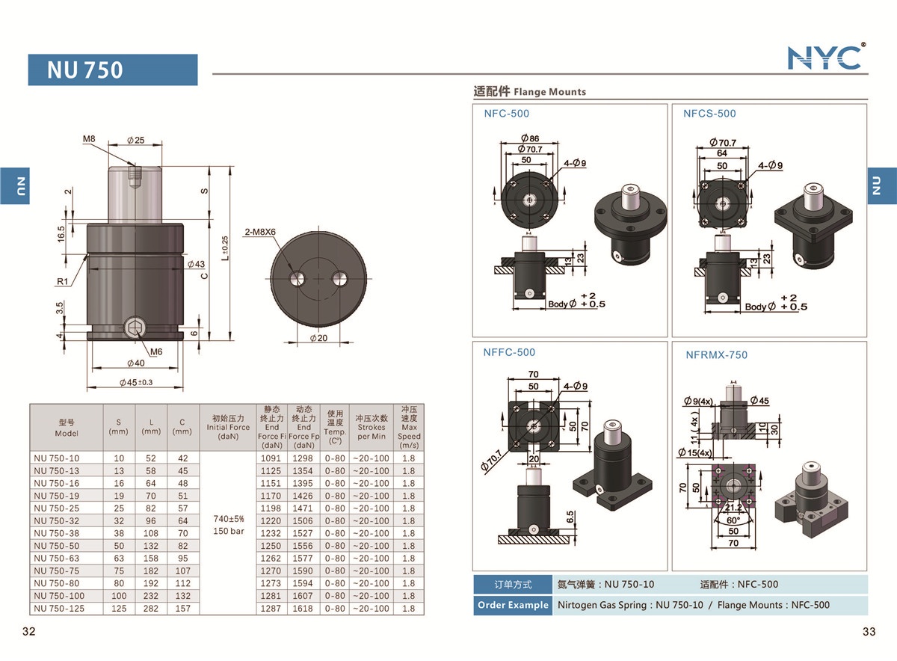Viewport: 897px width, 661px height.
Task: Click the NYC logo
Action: [826, 57]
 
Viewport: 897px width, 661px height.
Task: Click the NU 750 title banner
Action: [113, 70]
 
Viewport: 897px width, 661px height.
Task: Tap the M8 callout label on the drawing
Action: [90, 139]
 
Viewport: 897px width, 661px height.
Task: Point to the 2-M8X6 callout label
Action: [260, 231]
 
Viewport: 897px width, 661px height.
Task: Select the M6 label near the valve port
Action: [156, 351]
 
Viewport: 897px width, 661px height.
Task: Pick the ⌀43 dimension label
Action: [196, 264]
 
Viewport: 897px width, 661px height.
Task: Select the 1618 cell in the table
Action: [303, 609]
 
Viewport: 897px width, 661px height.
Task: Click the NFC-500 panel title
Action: [506, 114]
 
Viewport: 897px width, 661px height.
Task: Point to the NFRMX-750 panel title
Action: [716, 355]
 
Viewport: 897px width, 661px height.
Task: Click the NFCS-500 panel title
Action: [709, 114]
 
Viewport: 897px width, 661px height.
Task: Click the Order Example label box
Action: [512, 605]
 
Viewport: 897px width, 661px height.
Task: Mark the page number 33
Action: [868, 632]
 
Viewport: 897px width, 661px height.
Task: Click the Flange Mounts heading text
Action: [549, 92]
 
